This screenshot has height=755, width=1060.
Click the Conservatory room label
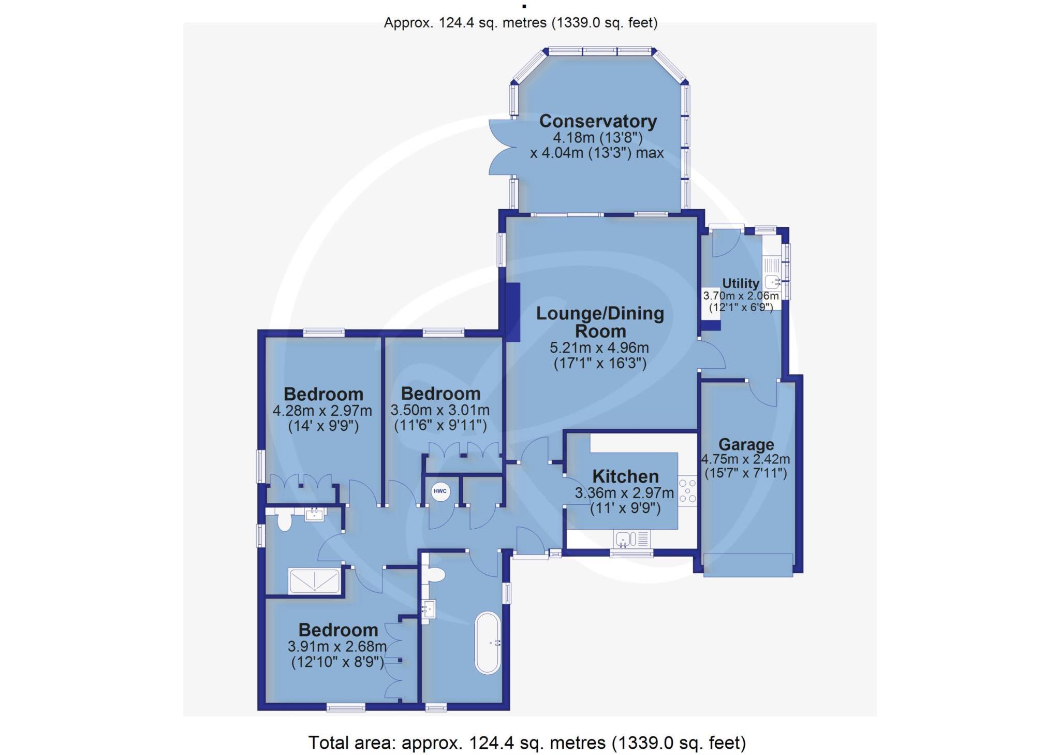pyautogui.click(x=598, y=121)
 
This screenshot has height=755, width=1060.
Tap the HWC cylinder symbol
pyautogui.click(x=440, y=491)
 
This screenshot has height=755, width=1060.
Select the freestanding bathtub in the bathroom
pyautogui.click(x=488, y=643)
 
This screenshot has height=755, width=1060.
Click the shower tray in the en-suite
pyautogui.click(x=314, y=581)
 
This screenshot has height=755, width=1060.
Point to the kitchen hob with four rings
pyautogui.click(x=688, y=490)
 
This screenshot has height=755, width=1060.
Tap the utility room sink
pyautogui.click(x=773, y=281)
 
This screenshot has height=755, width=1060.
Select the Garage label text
pyautogui.click(x=746, y=444)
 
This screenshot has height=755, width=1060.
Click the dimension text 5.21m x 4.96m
pyautogui.click(x=599, y=347)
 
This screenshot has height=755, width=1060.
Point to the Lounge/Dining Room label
pyautogui.click(x=600, y=322)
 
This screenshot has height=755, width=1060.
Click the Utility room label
pyautogui.click(x=740, y=283)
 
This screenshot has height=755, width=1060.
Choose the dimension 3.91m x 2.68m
pyautogui.click(x=337, y=646)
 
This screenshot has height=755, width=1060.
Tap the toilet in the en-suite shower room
pyautogui.click(x=284, y=520)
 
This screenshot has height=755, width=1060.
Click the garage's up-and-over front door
pyautogui.click(x=748, y=564)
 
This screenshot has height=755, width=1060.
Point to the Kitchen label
pyautogui.click(x=625, y=476)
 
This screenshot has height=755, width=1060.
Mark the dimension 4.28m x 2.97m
pyautogui.click(x=322, y=411)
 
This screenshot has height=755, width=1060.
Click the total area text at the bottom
pyautogui.click(x=527, y=743)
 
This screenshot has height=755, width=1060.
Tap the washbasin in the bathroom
pyautogui.click(x=429, y=608)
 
